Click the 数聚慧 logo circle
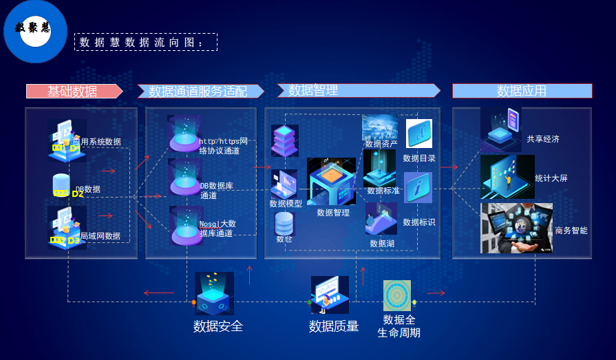tap(34, 30)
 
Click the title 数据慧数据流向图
tap(145, 43)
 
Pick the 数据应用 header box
tap(522, 91)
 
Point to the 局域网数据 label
tap(100, 236)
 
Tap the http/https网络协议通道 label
tap(224, 146)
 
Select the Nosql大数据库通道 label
tap(218, 229)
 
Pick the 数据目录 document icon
tap(418, 133)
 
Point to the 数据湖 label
tap(382, 243)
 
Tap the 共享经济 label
tap(543, 139)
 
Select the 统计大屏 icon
tap(507, 177)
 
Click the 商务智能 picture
tap(516, 227)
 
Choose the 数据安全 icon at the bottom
tap(214, 293)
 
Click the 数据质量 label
tap(334, 326)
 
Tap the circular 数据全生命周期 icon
tap(397, 295)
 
